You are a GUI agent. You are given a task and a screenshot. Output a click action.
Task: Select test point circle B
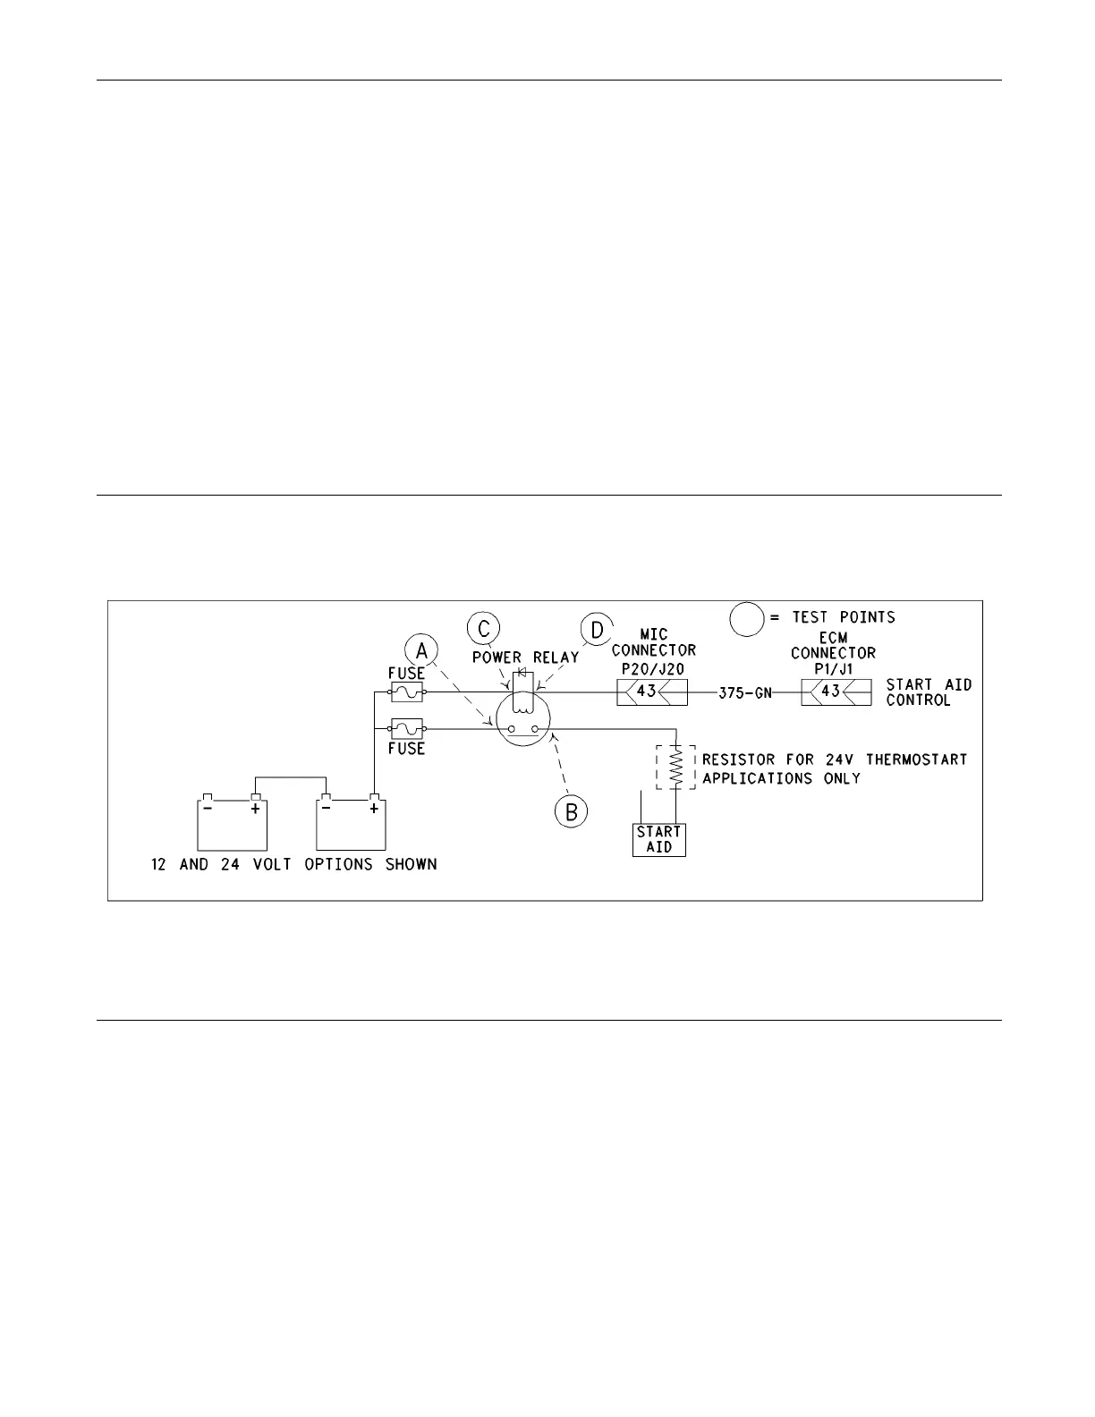570,811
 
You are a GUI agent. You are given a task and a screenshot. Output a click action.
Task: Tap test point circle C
483,628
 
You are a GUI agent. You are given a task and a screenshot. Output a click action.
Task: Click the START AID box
658,839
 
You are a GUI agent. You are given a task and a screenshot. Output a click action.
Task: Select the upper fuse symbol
407,692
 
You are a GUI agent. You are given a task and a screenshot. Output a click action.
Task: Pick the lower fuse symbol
407,729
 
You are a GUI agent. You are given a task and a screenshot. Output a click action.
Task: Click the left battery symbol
232,824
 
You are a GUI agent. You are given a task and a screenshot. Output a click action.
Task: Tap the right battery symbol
351,824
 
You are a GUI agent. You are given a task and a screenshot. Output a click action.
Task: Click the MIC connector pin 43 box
651,692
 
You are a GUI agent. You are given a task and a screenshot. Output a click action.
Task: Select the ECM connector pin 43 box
836,692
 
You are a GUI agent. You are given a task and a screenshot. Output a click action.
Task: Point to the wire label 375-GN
745,692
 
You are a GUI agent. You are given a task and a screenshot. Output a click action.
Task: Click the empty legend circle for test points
745,618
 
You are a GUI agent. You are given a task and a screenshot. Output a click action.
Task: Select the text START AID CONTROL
928,692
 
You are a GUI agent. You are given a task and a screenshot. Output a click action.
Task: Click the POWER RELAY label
526,658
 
